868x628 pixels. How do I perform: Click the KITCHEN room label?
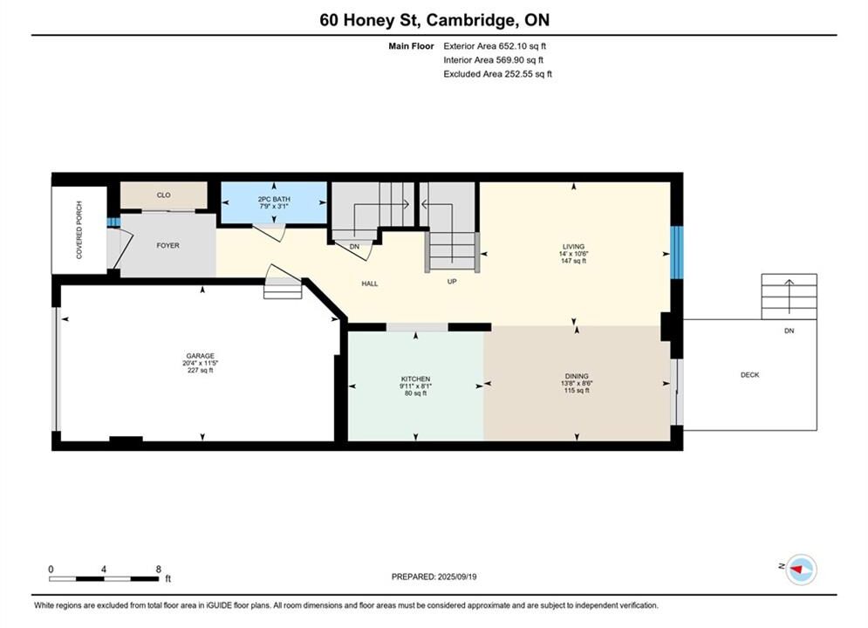coord(416,379)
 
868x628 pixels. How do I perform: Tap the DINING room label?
coord(577,376)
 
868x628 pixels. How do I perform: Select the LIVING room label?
coord(573,247)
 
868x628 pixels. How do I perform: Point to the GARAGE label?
coord(201,357)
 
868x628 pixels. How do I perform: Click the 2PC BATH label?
coord(274,199)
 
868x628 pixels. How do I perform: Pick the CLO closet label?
coord(164,195)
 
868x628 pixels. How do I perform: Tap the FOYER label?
coord(167,246)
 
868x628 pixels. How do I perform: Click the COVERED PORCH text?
coord(79,229)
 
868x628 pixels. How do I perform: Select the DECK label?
coord(750,375)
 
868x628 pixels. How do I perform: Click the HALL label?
coord(370,283)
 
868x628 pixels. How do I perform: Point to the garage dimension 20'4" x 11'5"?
coord(201,364)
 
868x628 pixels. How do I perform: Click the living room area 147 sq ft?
coord(573,261)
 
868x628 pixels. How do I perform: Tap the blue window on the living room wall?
coord(677,252)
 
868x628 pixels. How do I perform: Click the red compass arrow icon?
coord(796,569)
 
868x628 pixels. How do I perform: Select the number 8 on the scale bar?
coord(158,570)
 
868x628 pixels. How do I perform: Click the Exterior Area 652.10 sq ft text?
coord(495,46)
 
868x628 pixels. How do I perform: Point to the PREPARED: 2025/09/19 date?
coord(434,577)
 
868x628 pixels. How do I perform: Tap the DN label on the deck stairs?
coord(789,331)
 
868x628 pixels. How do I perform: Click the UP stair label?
coord(452,282)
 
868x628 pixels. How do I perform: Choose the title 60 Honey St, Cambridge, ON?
coord(434,20)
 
